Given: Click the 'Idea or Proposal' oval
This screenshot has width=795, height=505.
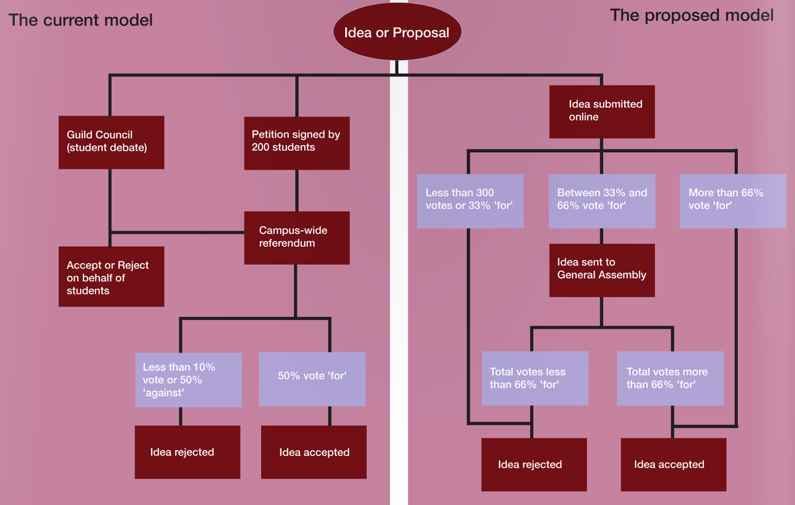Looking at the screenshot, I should (396, 32).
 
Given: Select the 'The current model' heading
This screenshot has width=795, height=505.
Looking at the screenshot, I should (80, 20).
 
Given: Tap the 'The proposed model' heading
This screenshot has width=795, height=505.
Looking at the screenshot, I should (691, 15).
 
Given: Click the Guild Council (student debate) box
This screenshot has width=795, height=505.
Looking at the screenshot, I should (111, 142).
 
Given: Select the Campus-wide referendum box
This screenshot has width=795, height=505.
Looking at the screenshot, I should (296, 238).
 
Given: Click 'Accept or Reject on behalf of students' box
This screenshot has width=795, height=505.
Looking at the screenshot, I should (111, 277).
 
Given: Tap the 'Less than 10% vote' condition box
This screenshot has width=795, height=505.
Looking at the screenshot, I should (188, 379).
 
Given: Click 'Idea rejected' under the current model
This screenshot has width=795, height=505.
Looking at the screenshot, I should (187, 452).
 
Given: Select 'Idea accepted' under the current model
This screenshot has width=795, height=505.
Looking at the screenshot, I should (314, 452).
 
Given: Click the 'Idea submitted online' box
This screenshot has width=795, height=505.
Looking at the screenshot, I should (602, 111).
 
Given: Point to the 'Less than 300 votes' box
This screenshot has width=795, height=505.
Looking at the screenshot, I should (470, 201).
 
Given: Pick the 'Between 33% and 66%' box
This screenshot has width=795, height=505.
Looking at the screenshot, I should (602, 201).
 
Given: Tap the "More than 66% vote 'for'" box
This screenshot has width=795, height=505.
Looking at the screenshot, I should (732, 201).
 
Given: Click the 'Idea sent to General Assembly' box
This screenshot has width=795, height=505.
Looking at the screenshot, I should (602, 269).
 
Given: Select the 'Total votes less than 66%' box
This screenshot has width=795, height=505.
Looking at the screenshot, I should (535, 378).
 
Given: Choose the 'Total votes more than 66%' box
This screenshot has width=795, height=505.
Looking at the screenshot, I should (670, 378).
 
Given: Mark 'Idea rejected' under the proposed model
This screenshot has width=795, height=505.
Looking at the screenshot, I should (534, 465).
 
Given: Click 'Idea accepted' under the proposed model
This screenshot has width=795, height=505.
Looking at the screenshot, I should (673, 465).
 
